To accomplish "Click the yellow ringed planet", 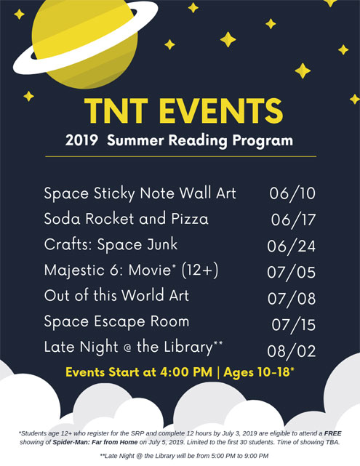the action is pos(84,41).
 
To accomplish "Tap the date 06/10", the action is pos(292,193).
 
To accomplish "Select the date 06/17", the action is pos(293,220).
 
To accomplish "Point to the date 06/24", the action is pos(291,246).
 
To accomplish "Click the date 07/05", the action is pos(291,272).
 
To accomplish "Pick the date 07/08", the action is pos(292,298).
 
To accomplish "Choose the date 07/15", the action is pos(293,324).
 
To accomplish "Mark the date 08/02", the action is pos(292,351).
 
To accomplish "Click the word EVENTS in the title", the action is pos(221,111).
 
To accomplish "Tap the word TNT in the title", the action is pos(116,111).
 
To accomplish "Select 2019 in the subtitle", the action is pos(81,140).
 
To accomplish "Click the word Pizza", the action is pos(190,219).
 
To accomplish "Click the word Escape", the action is pos(119,322).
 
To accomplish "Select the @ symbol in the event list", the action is pos(127,348).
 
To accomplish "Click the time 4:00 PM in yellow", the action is pos(186,372).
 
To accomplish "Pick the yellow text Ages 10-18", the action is pos(257,372).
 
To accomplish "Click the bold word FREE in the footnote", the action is pos(332,433).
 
